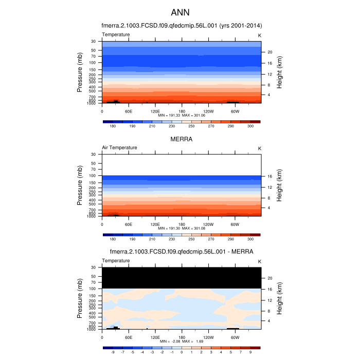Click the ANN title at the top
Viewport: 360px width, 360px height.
tap(180, 12)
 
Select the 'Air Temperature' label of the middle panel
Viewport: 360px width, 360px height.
tap(119, 148)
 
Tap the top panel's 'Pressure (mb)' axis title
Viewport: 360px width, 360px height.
tap(80, 72)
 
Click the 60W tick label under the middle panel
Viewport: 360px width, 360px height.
tap(235, 224)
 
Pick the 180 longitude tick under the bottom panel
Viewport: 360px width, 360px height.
tap(182, 337)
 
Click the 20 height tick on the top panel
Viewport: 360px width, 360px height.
tap(269, 52)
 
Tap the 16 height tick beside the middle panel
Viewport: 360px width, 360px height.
tap(269, 176)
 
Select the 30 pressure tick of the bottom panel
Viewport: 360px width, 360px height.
tap(94, 267)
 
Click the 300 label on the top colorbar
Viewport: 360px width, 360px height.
tap(250, 126)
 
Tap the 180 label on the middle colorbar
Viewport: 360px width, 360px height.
tap(113, 239)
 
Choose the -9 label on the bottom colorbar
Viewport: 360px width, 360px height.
tap(113, 352)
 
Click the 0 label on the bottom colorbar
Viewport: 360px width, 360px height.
tap(182, 352)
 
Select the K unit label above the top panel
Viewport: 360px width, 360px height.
tap(259, 34)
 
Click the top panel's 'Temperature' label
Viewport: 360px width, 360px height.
tap(116, 34)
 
